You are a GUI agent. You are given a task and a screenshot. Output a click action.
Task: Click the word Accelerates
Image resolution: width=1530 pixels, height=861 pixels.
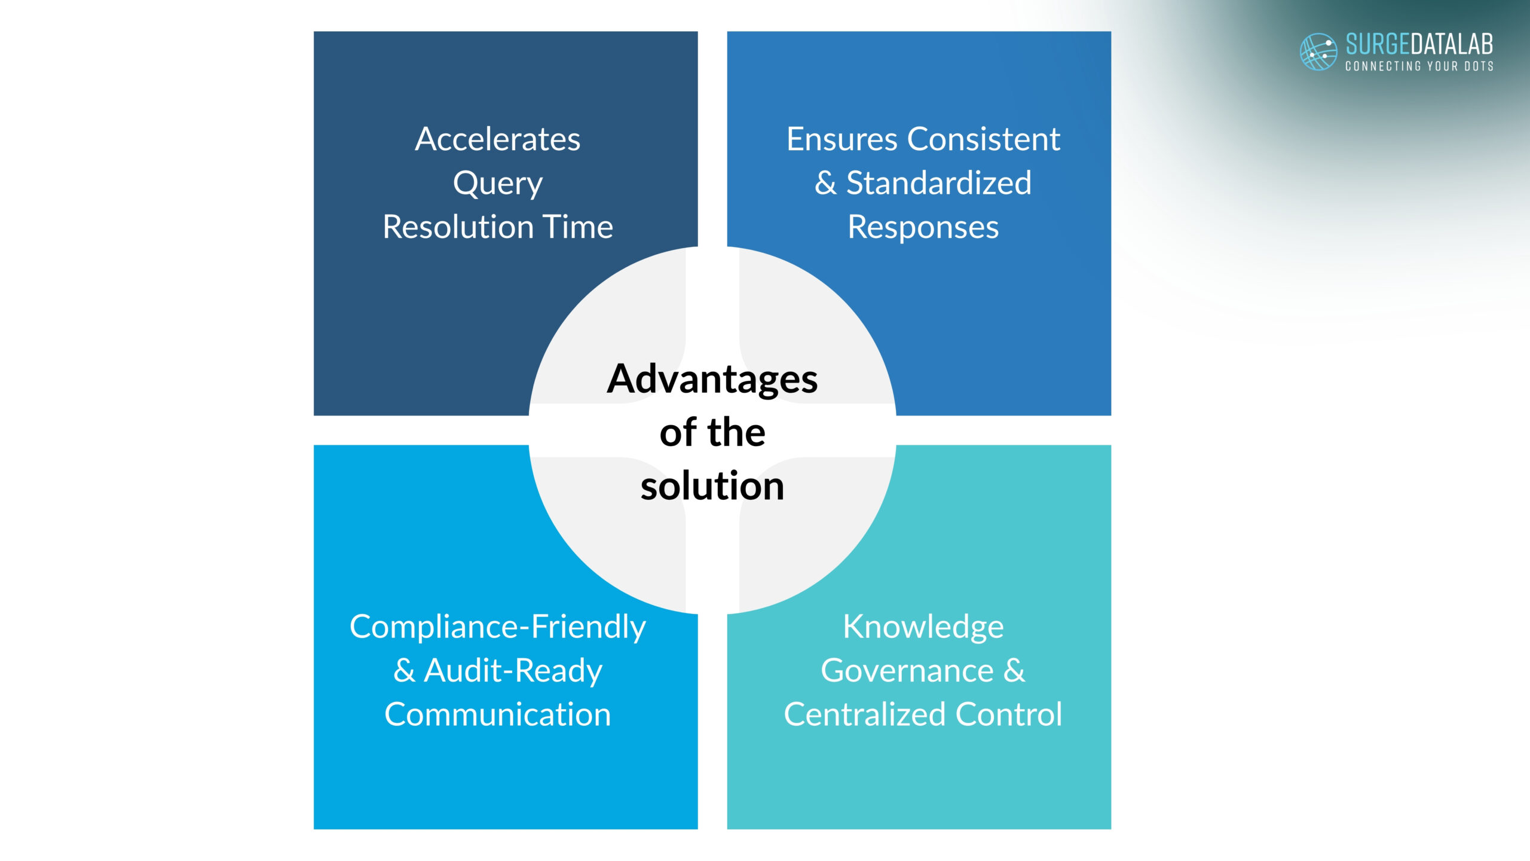tap(497, 139)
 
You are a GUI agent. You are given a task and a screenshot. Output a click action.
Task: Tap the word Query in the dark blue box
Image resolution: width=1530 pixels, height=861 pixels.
tap(497, 184)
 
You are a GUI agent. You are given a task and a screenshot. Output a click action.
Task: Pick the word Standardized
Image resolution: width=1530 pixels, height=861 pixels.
tap(939, 183)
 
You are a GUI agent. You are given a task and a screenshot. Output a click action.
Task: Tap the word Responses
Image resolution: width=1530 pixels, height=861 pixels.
tap(923, 228)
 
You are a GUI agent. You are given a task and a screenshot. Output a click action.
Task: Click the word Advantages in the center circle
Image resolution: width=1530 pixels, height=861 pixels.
tap(712, 379)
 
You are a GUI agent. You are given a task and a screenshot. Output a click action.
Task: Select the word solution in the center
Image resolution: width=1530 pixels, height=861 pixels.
tap(712, 486)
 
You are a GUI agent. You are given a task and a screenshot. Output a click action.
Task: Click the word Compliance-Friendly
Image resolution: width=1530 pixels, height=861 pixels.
tap(497, 627)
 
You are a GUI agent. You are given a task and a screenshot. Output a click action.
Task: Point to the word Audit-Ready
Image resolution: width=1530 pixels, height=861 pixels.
tap(513, 671)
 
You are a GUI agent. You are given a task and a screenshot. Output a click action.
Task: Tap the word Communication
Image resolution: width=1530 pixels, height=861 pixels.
tap(497, 715)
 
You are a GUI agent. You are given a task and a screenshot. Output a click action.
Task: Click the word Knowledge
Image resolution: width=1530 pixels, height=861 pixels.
tap(923, 627)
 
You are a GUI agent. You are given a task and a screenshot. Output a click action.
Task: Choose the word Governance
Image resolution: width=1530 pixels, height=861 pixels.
tap(907, 671)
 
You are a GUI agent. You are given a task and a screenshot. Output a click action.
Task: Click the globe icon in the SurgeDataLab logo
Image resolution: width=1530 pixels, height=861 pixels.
tap(1318, 52)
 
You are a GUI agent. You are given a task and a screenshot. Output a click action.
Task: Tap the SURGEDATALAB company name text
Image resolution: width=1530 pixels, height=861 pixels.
tap(1419, 45)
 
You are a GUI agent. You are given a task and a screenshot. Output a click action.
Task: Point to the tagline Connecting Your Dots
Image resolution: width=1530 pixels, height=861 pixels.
tap(1419, 66)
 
